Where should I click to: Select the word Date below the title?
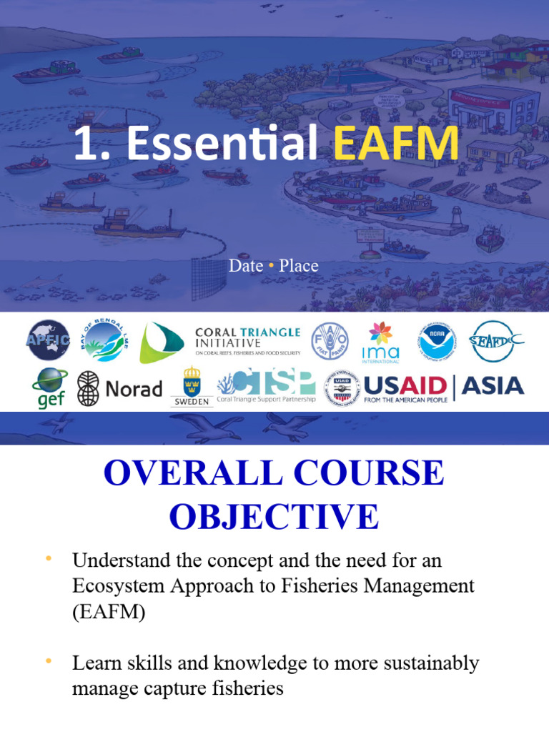[246, 266]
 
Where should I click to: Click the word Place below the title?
[299, 266]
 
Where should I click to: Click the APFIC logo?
[49, 340]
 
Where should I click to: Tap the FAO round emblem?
[330, 340]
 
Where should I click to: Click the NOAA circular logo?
[435, 340]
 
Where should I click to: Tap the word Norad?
[134, 389]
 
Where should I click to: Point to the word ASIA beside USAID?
[493, 386]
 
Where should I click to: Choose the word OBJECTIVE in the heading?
[274, 516]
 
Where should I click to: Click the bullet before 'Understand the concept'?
[49, 558]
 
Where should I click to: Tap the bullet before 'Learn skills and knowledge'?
[49, 661]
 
